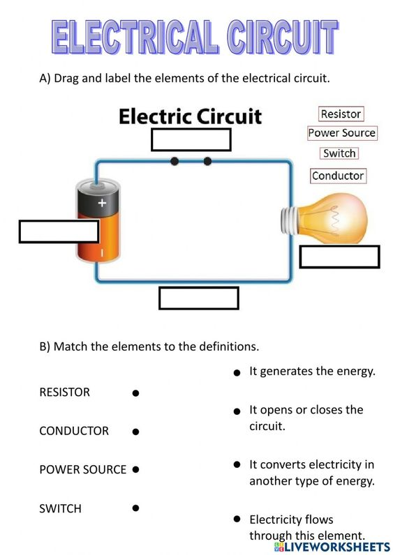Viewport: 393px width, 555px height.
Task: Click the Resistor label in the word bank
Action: point(341,114)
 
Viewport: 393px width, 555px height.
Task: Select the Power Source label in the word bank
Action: point(342,133)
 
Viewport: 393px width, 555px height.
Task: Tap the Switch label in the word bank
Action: point(339,153)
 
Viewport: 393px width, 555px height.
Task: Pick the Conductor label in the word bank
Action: point(338,176)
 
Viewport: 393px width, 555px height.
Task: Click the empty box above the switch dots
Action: point(191,139)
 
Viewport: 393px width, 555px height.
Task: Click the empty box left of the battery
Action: point(59,231)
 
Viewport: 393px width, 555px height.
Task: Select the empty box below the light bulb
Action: point(339,257)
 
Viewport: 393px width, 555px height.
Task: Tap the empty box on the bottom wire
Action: point(199,298)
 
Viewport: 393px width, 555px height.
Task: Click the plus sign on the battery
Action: point(102,204)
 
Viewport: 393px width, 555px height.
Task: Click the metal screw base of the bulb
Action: point(289,220)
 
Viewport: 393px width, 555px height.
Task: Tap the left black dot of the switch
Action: point(175,161)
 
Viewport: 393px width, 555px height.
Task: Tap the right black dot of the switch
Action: point(207,161)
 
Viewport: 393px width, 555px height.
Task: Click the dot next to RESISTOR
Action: point(135,393)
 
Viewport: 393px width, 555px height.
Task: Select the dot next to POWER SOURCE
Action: point(135,470)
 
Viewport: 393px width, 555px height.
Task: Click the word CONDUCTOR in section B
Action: point(74,431)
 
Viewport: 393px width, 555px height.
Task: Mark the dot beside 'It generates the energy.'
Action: point(237,373)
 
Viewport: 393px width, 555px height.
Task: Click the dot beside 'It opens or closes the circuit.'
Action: point(237,411)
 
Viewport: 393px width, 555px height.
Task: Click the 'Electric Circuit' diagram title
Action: point(190,115)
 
